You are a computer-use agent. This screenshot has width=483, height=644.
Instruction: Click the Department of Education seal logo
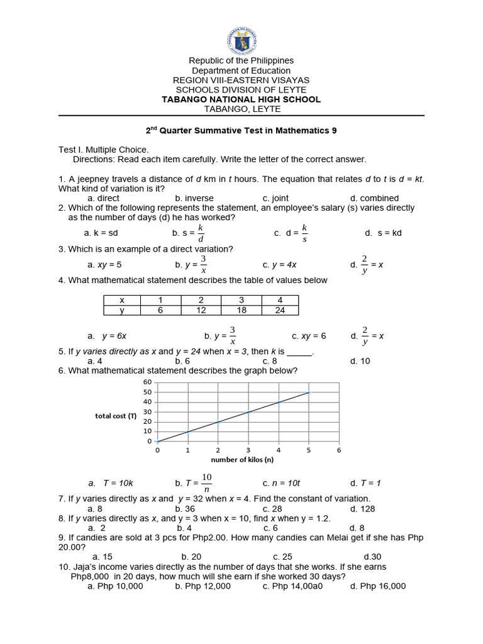pos(241,36)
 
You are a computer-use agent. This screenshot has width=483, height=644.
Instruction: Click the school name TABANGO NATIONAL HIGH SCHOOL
pos(241,99)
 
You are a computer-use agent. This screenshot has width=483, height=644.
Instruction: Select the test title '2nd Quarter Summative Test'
pos(241,131)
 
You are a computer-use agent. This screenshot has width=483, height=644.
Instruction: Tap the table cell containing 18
pos(241,310)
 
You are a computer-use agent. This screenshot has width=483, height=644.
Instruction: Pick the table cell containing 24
pos(280,310)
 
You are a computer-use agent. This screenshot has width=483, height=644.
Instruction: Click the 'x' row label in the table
pos(122,301)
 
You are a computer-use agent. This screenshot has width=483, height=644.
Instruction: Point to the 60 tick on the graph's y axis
pos(148,382)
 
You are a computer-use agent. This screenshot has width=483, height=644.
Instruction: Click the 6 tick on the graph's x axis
pos(339,450)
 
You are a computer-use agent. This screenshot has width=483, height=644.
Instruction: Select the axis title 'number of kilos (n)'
pos(248,459)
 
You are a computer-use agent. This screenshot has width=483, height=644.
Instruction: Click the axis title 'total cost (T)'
pos(116,416)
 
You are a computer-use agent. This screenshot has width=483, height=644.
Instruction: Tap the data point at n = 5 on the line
pos(309,392)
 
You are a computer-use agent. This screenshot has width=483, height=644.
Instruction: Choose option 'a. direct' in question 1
pos(104,198)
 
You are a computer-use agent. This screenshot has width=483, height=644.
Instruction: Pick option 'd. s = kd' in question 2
pos(383,233)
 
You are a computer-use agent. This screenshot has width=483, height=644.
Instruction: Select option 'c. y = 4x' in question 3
pos(280,265)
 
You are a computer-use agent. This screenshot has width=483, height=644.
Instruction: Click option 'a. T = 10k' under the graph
pos(111,483)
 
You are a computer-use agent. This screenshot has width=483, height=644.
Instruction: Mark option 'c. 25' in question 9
pos(282,557)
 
